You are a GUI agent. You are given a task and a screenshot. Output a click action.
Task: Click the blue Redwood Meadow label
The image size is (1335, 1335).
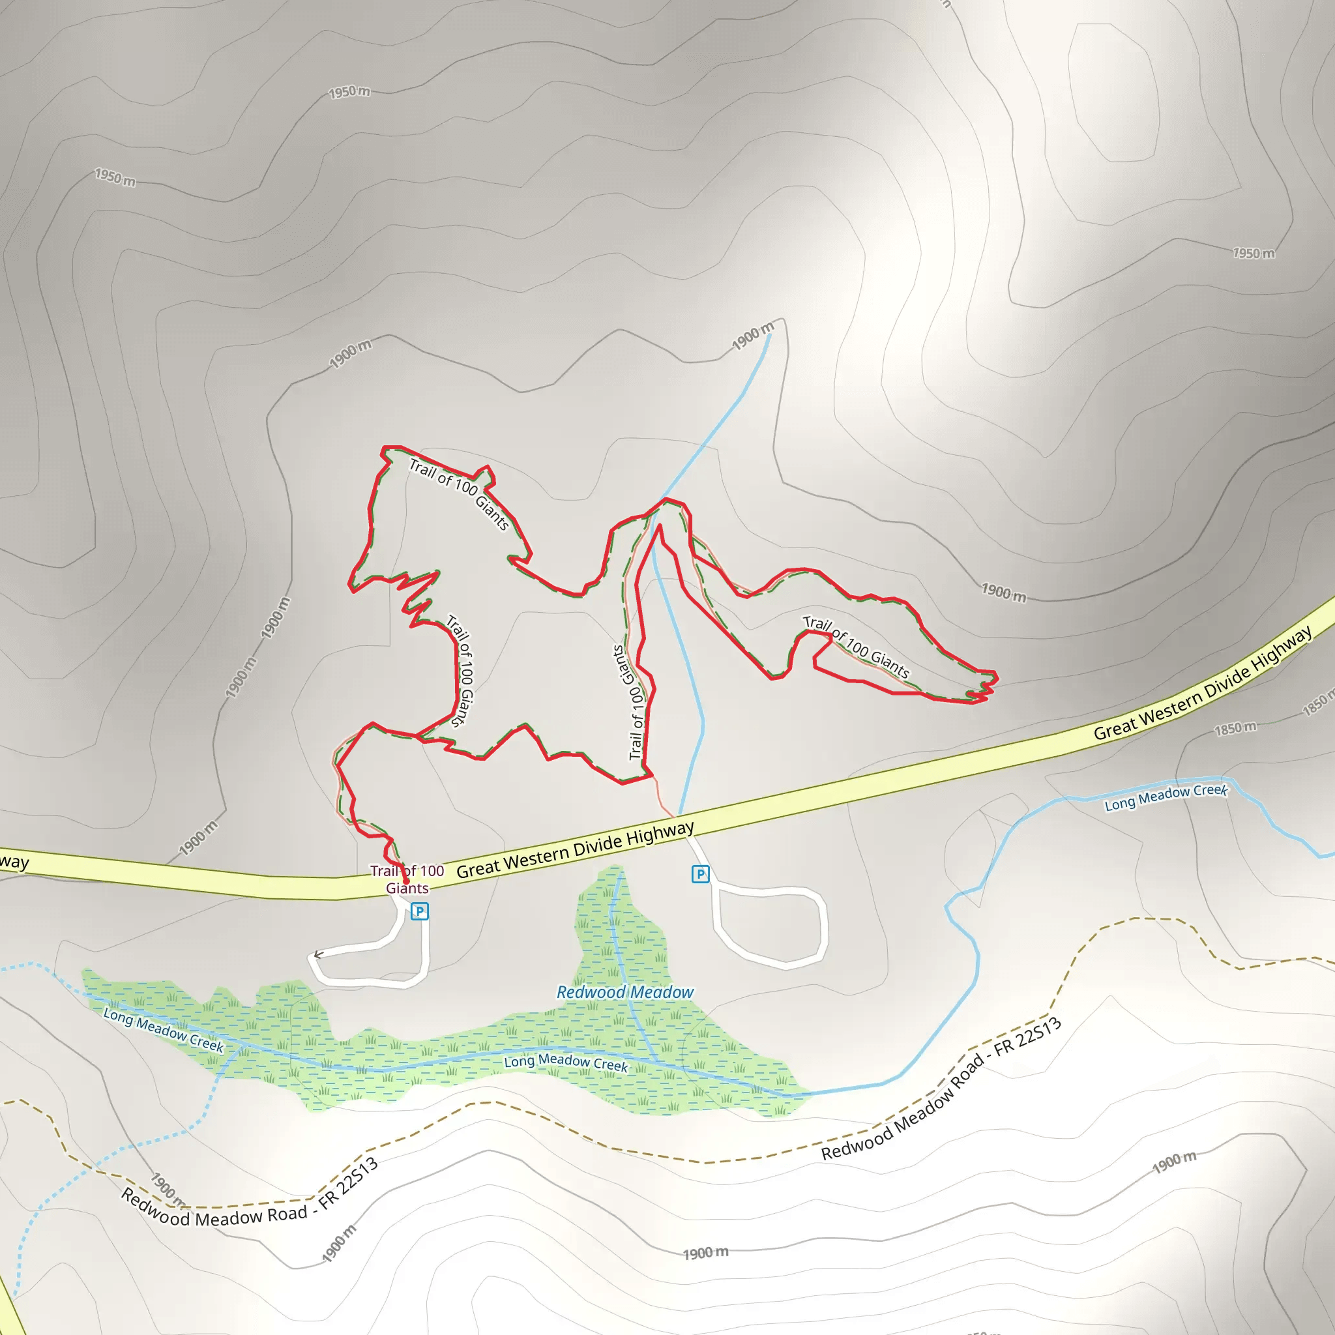coord(624,992)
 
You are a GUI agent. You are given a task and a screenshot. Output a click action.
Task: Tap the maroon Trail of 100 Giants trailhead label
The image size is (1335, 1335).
coord(407,879)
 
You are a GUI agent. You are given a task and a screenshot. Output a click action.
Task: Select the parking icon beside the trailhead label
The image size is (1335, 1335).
coord(419,911)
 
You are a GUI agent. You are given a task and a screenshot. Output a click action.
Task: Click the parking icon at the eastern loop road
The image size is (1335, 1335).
coord(700,874)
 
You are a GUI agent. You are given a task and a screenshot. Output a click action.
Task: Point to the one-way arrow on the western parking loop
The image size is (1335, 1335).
coord(319,955)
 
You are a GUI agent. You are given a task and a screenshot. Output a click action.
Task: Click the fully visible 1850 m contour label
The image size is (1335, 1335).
coord(1235,728)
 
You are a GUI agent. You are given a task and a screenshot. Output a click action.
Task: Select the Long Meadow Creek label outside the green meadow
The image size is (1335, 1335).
coord(1166,797)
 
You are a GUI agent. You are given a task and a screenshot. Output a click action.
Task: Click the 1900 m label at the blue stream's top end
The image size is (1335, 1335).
coord(752,336)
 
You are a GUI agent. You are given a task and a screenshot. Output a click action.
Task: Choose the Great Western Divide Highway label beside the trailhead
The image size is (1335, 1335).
coord(575,850)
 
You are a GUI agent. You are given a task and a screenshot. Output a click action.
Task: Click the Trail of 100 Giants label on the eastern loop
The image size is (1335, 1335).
coord(855,647)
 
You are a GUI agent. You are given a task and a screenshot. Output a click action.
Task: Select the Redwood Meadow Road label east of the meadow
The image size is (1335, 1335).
coord(941,1089)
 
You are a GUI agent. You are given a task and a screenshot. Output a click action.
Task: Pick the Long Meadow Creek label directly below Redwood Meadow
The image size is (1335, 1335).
coord(566,1063)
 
